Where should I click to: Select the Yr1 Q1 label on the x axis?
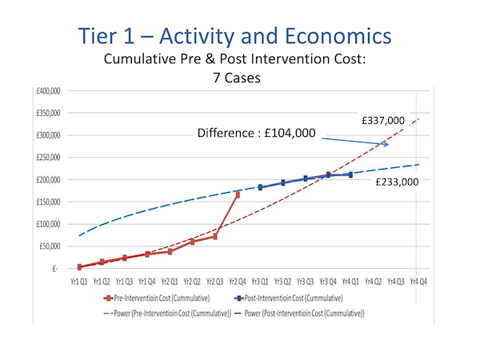79,282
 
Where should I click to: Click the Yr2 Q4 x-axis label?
237,282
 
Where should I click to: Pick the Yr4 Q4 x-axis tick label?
416,282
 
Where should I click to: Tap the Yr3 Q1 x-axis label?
259,282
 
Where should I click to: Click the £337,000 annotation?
384,120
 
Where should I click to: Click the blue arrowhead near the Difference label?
386,145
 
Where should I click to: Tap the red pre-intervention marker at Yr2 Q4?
237,194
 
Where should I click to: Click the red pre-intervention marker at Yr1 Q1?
79,267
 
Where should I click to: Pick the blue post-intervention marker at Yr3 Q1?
260,187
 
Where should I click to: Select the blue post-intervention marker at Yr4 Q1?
350,174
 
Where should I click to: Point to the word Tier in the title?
106,37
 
